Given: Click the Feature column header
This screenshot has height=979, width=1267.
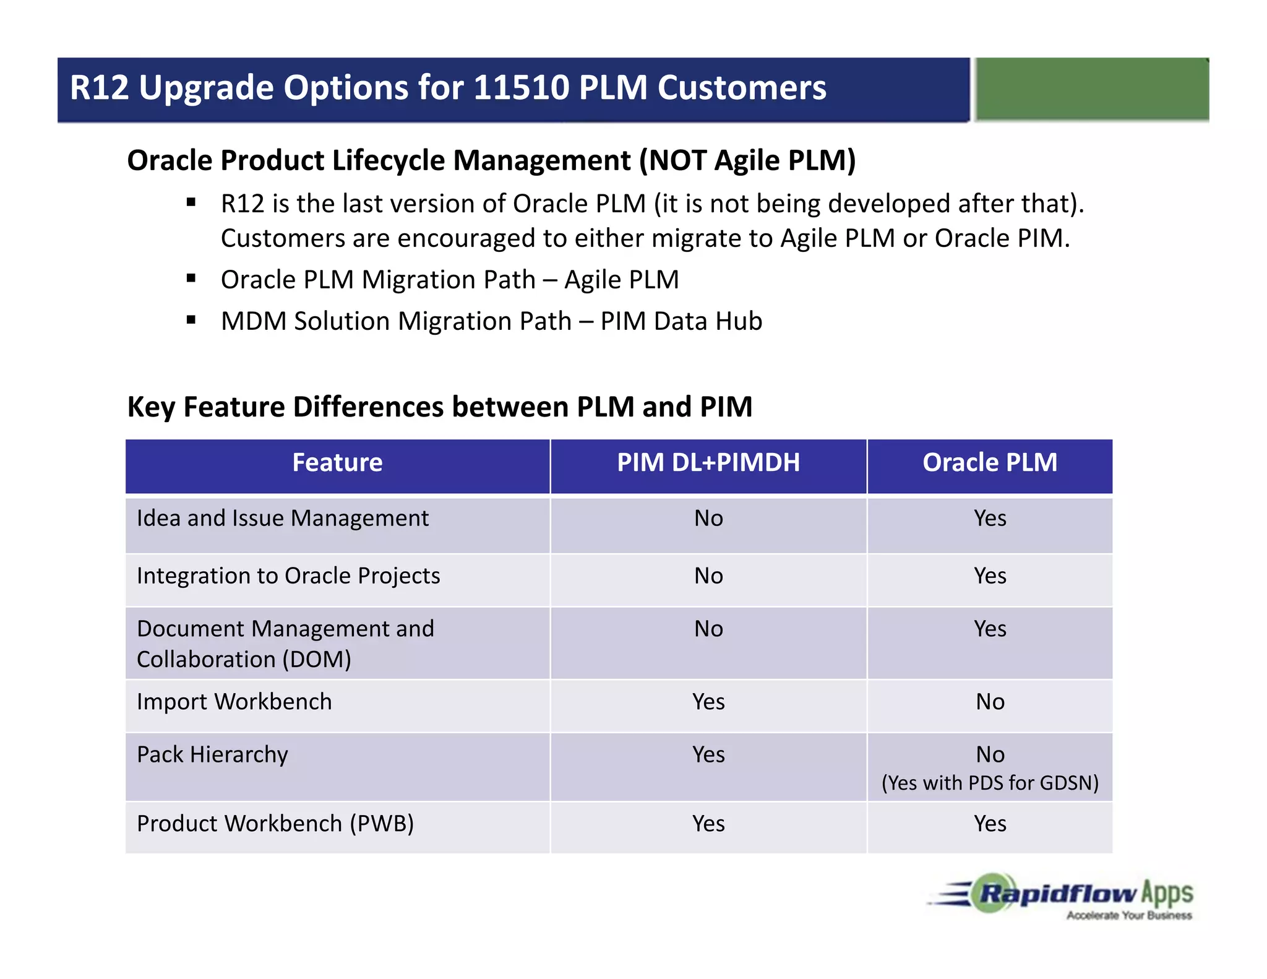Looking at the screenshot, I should (337, 463).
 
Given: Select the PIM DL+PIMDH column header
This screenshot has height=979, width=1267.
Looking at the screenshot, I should (708, 463).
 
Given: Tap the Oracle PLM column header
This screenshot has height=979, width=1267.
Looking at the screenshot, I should (990, 463).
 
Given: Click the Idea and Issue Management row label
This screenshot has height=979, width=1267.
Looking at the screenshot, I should (282, 518).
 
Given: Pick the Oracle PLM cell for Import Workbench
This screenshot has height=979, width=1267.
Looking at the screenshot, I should (990, 702).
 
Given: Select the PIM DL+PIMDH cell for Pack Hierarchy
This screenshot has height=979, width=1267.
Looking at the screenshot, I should (708, 754).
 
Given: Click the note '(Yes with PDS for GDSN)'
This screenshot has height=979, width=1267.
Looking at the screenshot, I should (990, 783).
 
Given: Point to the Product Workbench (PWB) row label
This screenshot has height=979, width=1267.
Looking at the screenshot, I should (275, 824).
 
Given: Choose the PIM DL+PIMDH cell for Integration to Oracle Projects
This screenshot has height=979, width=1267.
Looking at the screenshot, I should (708, 576).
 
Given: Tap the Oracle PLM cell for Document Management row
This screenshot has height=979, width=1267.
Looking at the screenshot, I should (990, 629).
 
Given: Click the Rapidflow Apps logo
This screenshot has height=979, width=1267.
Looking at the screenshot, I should (1061, 896).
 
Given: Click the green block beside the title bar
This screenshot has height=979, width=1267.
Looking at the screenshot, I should (1092, 89).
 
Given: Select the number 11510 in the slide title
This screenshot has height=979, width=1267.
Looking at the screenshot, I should (521, 87).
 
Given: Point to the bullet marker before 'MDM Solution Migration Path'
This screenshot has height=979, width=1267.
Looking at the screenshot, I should (191, 320).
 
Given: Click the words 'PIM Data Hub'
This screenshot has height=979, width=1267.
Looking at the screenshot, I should (681, 321).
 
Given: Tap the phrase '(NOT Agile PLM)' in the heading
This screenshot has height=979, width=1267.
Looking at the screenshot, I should (747, 160).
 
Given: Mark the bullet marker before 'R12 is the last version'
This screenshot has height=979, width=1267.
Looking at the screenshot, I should (191, 202).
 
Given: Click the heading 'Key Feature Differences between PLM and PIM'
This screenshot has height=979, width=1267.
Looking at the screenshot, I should (439, 407).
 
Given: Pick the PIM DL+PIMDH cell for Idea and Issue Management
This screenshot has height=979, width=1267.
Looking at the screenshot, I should (708, 518).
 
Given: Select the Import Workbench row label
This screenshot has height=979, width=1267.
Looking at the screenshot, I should (234, 702).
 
